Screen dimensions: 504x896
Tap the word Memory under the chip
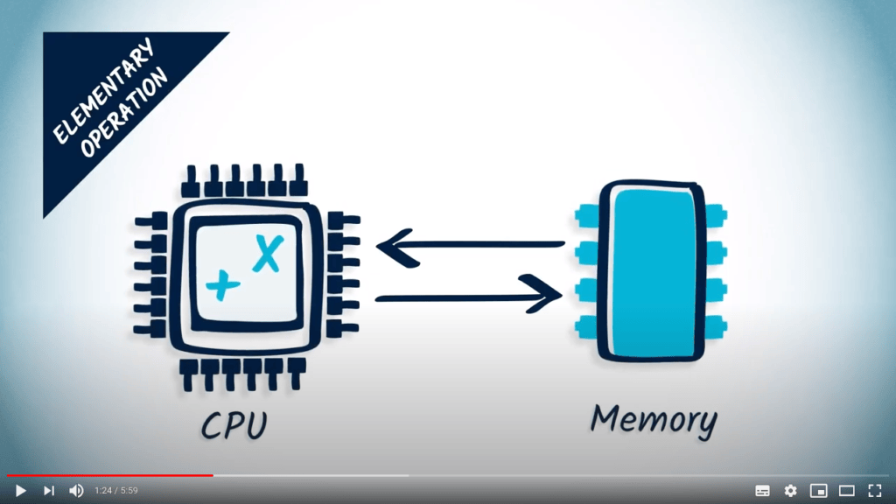click(653, 420)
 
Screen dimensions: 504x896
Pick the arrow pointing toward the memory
click(469, 297)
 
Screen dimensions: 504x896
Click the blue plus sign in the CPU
click(222, 283)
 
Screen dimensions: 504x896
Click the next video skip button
click(49, 491)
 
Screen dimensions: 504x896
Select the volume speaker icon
click(76, 491)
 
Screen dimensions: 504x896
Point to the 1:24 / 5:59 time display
click(116, 491)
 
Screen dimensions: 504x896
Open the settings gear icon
click(790, 491)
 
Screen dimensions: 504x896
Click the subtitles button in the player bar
click(762, 491)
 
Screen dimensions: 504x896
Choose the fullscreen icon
click(874, 491)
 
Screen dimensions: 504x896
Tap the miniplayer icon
click(818, 491)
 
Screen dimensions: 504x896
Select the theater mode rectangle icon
click(846, 491)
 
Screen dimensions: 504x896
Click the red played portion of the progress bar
click(109, 476)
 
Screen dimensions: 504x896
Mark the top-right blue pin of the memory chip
click(715, 213)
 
